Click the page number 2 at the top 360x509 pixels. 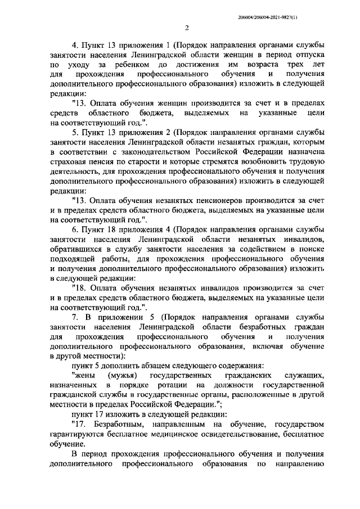[186, 28]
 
